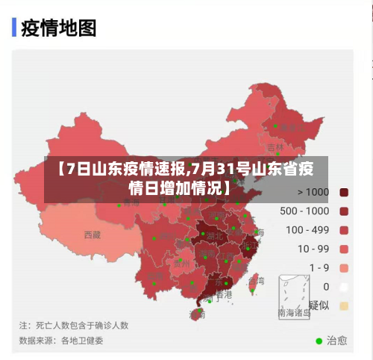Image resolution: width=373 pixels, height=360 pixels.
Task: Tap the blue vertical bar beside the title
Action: point(14,28)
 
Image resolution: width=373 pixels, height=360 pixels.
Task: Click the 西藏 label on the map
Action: point(92,235)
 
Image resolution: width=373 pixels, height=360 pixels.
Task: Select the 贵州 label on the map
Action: point(181,263)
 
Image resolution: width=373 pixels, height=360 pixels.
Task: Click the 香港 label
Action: point(224,295)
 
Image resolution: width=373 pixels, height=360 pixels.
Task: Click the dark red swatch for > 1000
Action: point(344,192)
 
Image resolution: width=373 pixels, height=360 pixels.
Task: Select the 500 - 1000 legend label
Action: point(304,211)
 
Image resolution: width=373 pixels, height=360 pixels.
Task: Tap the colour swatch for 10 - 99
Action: point(344,249)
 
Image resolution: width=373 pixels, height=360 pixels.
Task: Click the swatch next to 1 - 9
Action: point(344,267)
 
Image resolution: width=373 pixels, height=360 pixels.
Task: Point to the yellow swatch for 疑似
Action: point(344,305)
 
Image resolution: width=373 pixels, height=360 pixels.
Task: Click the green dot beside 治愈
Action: point(319,341)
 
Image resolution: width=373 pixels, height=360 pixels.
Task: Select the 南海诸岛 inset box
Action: point(293,297)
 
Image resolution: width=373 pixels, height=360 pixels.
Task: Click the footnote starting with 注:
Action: point(74,326)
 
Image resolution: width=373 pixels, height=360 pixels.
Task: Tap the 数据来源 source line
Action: point(61,341)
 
